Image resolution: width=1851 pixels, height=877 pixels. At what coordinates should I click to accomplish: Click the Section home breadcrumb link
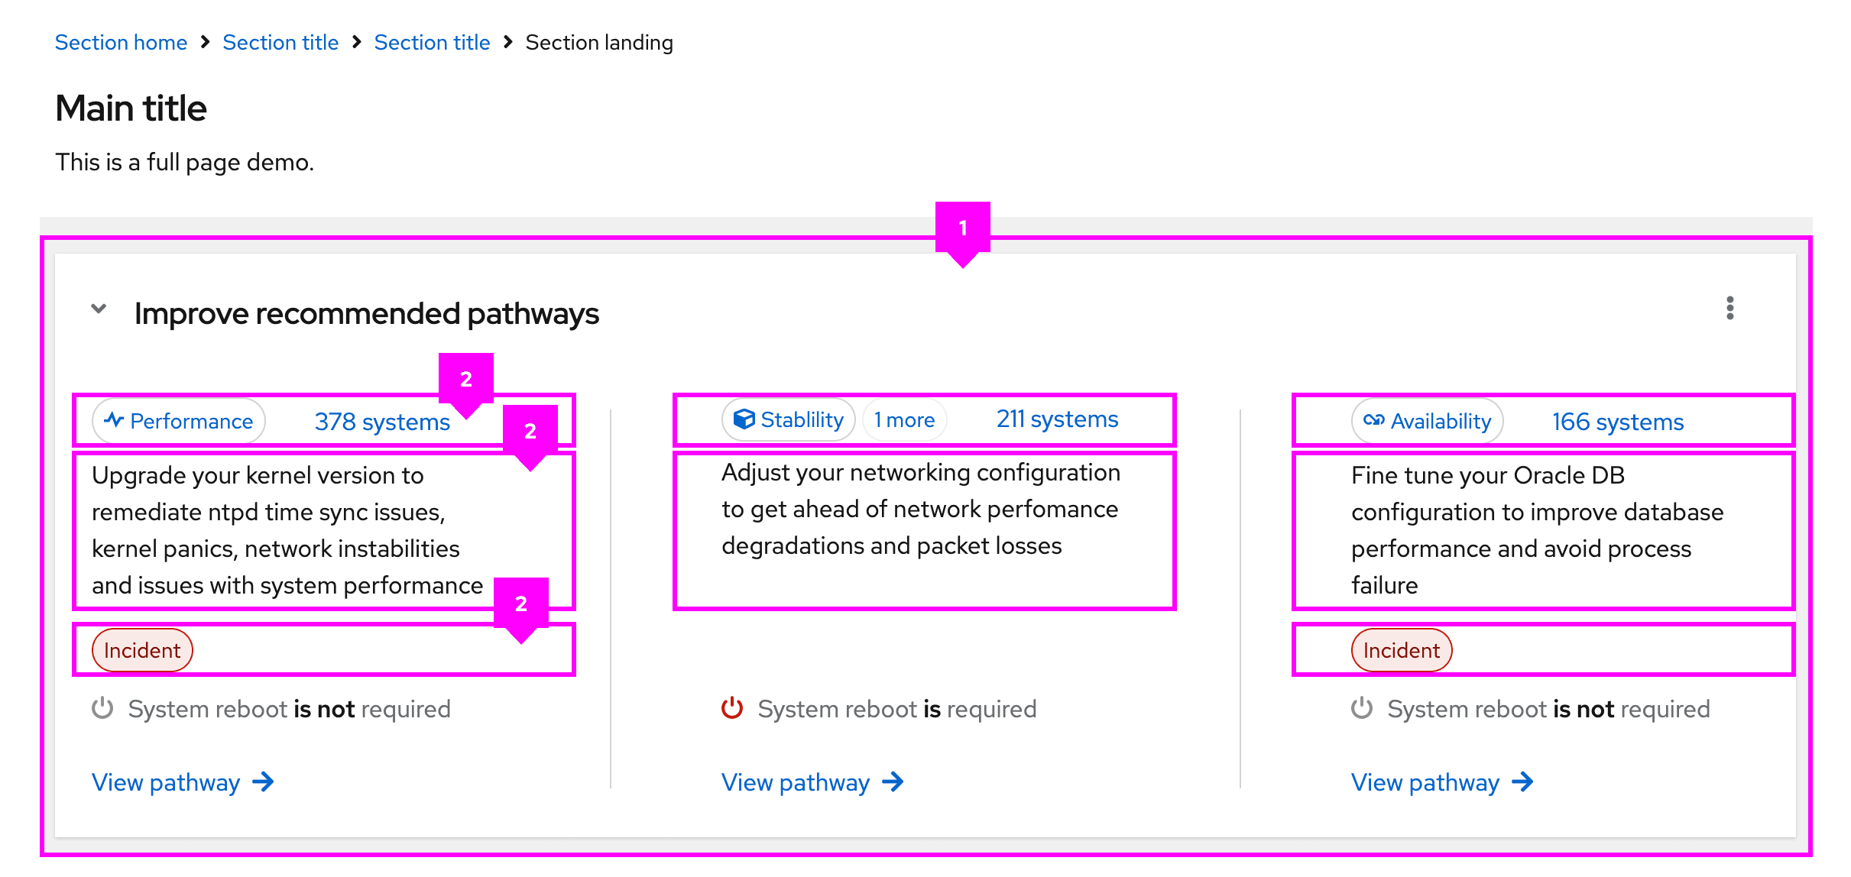click(121, 43)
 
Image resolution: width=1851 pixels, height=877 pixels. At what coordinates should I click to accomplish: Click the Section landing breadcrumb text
click(598, 43)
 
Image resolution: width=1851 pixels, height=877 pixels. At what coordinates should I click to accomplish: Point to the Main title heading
click(131, 108)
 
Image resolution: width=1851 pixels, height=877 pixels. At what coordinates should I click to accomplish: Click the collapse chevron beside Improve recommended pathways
click(99, 309)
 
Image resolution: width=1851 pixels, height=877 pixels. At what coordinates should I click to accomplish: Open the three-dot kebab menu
click(1729, 309)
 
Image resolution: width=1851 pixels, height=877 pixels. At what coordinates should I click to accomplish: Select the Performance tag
click(179, 421)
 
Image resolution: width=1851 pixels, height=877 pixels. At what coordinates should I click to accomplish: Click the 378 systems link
click(381, 422)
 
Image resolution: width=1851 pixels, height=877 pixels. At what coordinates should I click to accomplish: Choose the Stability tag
click(788, 419)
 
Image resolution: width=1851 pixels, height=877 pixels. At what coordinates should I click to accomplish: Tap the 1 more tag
click(904, 419)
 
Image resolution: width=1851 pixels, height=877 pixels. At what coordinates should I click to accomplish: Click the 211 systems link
click(1057, 419)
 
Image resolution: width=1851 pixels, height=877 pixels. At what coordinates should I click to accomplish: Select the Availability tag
click(1427, 421)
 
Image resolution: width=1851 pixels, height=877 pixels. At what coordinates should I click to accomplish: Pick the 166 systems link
click(1617, 422)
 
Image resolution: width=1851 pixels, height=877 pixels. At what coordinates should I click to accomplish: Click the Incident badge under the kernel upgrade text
click(142, 650)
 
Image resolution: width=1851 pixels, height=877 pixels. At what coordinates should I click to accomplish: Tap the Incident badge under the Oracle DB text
click(1402, 650)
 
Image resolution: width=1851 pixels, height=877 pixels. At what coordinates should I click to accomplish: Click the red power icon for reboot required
click(732, 708)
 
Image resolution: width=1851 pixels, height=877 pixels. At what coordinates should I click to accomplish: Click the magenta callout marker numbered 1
click(963, 228)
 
